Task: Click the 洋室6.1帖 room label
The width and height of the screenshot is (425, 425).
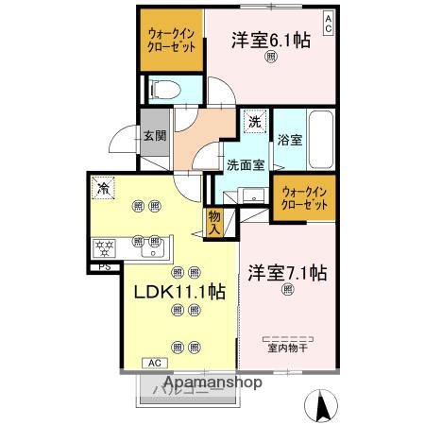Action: [271, 40]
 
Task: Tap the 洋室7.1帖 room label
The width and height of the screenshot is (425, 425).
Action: [287, 274]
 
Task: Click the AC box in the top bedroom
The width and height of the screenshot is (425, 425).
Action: [328, 19]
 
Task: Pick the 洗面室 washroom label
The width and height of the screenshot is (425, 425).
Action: [244, 162]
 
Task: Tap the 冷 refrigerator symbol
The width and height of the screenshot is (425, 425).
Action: [101, 187]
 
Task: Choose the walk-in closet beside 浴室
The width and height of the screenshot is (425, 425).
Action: [305, 197]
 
